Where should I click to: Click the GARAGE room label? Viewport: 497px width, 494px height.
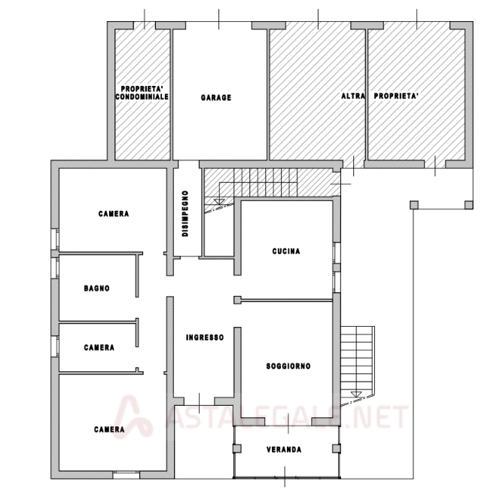tap(216, 98)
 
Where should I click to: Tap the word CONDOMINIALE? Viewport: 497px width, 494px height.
tap(142, 96)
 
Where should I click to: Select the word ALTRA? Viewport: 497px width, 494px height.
tap(353, 96)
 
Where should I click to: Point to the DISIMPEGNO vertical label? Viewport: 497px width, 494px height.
tap(185, 213)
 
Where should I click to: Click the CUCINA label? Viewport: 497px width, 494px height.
tap(286, 251)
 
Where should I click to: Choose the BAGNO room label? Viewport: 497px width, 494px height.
tap(96, 288)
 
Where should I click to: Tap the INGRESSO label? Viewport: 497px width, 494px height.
tap(205, 337)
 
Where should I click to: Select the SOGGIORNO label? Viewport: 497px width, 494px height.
tap(288, 366)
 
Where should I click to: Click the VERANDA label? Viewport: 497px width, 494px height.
tap(284, 450)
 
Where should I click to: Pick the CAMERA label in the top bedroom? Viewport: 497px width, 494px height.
tap(114, 214)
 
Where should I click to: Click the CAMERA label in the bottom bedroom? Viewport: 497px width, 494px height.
tap(109, 429)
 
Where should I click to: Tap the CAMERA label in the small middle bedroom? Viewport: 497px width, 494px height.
tap(99, 347)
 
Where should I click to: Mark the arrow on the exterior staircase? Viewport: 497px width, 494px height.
tap(356, 394)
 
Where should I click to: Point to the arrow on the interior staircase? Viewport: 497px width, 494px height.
tap(219, 201)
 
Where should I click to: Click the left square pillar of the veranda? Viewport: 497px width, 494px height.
tap(236, 448)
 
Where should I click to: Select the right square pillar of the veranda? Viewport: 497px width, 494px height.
tap(337, 448)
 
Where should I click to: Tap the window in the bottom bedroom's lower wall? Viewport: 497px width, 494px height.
tap(127, 474)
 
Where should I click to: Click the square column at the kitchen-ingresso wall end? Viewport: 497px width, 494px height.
tap(237, 300)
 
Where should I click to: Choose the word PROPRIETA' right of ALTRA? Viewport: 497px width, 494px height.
tap(396, 96)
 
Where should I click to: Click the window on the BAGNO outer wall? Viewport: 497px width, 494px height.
tap(55, 267)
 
